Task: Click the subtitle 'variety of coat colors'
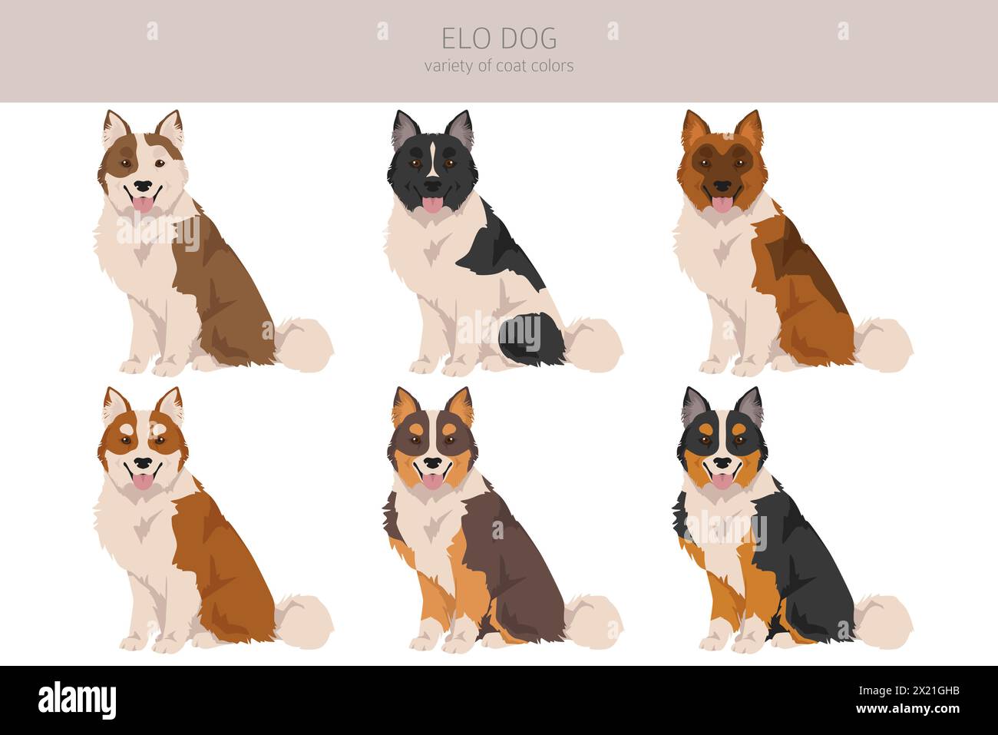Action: click(x=499, y=66)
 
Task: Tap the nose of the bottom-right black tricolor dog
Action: click(x=723, y=464)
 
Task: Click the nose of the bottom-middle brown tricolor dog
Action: click(x=433, y=464)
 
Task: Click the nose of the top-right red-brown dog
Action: click(x=723, y=186)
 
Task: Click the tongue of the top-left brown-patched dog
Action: click(x=143, y=204)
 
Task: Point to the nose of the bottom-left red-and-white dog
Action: click(x=143, y=464)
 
